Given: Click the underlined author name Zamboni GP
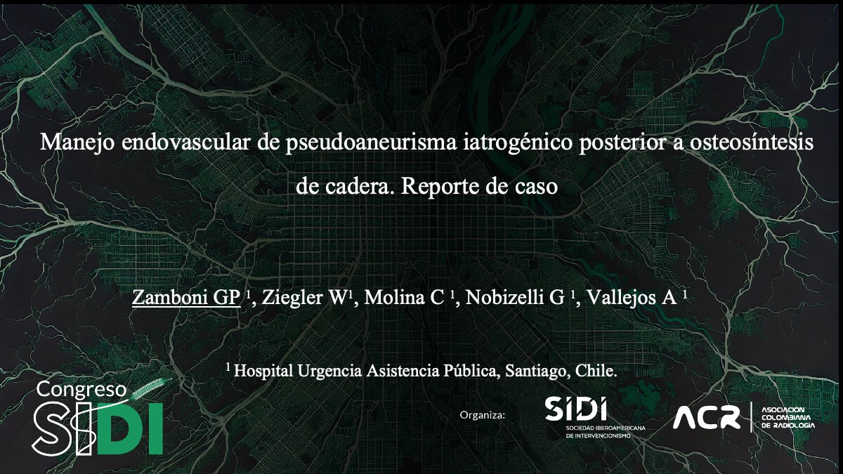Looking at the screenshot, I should point(186,296).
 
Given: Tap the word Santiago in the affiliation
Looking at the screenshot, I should point(535,370).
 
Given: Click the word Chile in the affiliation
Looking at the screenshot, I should point(596,370).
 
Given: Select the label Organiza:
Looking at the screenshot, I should point(482,415).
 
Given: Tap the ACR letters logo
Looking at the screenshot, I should point(706,419).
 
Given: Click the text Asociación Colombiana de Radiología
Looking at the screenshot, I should point(788,418).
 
